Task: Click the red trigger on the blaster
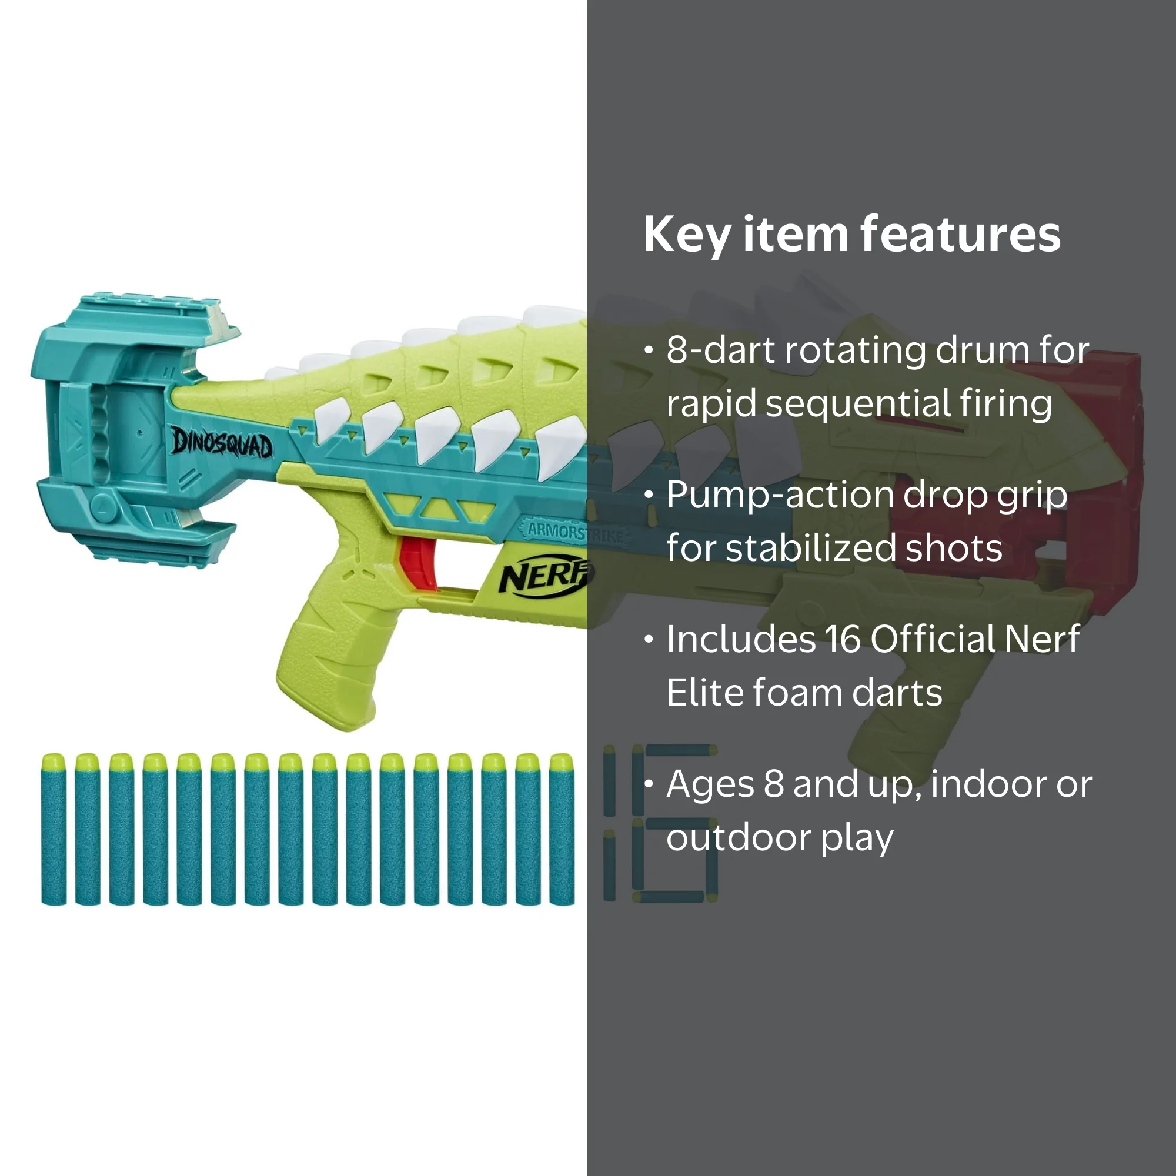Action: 417,562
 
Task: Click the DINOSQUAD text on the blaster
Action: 222,443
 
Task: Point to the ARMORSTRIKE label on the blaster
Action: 575,533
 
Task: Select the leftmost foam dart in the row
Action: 54,829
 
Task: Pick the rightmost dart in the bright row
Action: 561,829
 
